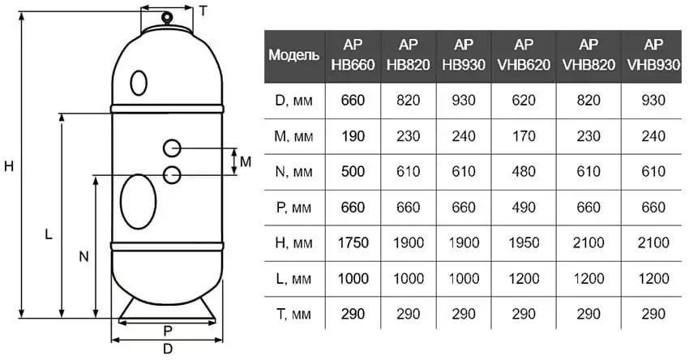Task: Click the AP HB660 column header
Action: [x=353, y=55]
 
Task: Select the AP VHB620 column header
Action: [x=524, y=55]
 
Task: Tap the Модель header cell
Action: [x=294, y=55]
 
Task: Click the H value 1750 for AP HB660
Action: [x=353, y=242]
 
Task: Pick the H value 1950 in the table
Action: [x=524, y=242]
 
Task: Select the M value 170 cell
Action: [x=524, y=136]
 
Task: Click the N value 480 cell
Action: [x=524, y=171]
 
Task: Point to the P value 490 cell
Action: [x=524, y=207]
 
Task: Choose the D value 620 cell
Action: [x=524, y=101]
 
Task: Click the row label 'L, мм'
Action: [x=293, y=279]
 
